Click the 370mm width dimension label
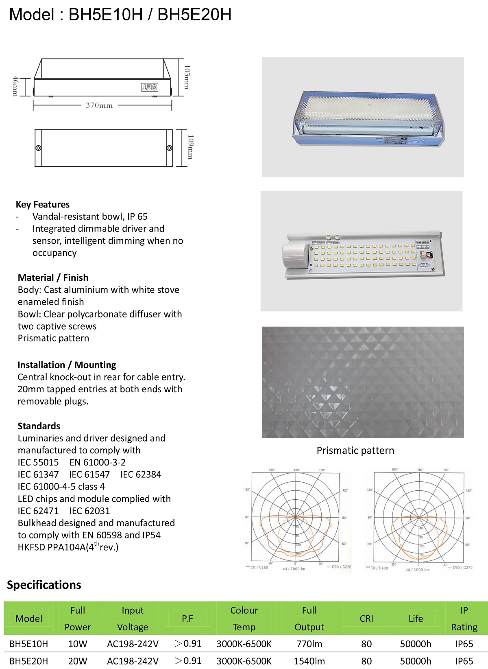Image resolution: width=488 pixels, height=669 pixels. pyautogui.click(x=99, y=105)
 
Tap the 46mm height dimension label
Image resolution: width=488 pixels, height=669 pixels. pyautogui.click(x=15, y=86)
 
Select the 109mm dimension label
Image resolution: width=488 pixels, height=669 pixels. pyautogui.click(x=190, y=147)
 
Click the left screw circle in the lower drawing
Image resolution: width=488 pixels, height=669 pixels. pyautogui.click(x=38, y=148)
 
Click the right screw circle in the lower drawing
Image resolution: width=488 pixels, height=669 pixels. pyautogui.click(x=170, y=148)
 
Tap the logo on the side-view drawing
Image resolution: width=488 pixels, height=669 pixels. pyautogui.click(x=149, y=87)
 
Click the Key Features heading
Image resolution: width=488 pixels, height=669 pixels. pyautogui.click(x=43, y=204)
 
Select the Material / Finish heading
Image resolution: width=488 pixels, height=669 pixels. pyautogui.click(x=53, y=278)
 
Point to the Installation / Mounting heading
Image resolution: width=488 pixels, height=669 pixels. pyautogui.click(x=67, y=365)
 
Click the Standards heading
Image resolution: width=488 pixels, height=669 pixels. pyautogui.click(x=39, y=426)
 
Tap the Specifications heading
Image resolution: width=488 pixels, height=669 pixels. pyautogui.click(x=44, y=585)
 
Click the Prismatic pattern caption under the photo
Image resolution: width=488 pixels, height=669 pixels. pyautogui.click(x=355, y=450)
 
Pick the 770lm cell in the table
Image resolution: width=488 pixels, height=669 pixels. pyautogui.click(x=309, y=644)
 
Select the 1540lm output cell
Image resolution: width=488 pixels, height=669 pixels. pyautogui.click(x=309, y=661)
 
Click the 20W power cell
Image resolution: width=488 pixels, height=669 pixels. pyautogui.click(x=78, y=661)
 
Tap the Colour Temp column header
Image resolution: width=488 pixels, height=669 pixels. pyautogui.click(x=244, y=619)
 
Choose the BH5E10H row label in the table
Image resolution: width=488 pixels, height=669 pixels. pyautogui.click(x=28, y=644)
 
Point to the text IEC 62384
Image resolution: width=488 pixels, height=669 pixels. pyautogui.click(x=141, y=474)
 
